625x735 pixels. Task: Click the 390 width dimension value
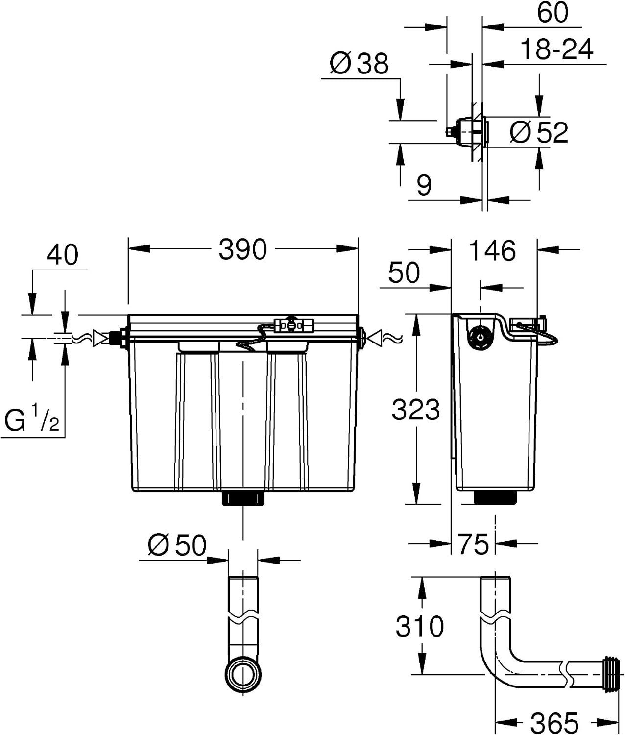[x=242, y=249]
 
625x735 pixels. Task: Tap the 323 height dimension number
[x=415, y=410]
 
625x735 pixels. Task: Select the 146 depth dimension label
[x=492, y=251]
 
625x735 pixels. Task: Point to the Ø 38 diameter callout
[x=359, y=64]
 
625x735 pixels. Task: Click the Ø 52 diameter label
[x=539, y=132]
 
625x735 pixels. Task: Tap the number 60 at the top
[x=553, y=12]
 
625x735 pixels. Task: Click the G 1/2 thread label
[x=31, y=419]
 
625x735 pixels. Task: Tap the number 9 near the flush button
[x=424, y=185]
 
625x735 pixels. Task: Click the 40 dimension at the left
[x=62, y=255]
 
